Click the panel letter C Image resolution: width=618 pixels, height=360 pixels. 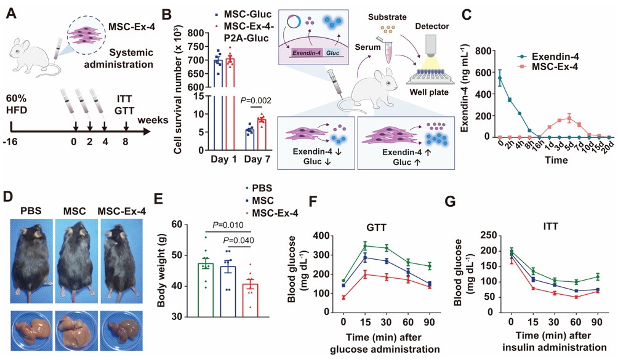(466, 15)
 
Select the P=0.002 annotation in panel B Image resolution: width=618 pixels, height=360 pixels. (256, 100)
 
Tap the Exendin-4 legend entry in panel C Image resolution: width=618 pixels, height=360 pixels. (548, 57)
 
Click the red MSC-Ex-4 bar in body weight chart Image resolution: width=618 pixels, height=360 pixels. (250, 300)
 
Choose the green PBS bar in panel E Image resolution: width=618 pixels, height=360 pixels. (206, 290)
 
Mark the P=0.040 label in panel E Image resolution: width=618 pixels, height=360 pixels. (238, 240)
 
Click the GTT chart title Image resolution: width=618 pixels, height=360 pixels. (375, 227)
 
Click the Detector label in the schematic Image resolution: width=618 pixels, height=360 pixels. (432, 26)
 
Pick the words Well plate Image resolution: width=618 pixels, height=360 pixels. (429, 92)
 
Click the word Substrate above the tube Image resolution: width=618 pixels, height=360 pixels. (387, 17)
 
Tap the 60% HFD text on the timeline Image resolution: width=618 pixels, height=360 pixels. (17, 104)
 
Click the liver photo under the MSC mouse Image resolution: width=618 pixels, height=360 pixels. (76, 330)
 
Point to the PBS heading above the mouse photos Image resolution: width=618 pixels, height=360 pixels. (31, 210)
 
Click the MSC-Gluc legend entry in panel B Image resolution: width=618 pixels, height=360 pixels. (243, 15)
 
